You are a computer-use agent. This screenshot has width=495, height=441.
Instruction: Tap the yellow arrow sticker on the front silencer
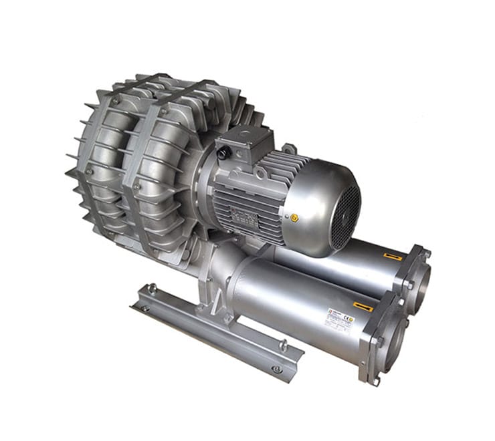click(x=364, y=307)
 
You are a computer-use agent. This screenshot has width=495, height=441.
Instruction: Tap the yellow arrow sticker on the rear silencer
click(x=393, y=256)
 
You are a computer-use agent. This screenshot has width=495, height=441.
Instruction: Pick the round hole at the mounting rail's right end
click(x=276, y=369)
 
